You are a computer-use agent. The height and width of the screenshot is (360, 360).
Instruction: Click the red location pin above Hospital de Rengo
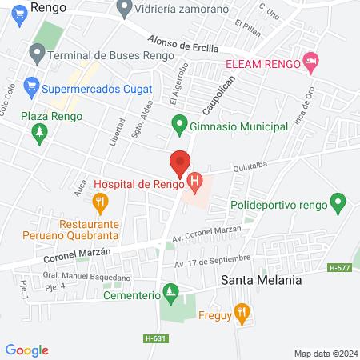click(x=180, y=163)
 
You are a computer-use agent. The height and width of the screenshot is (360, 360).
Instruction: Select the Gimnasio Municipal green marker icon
click(x=179, y=126)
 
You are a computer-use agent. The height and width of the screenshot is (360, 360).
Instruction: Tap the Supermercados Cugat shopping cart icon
click(x=32, y=83)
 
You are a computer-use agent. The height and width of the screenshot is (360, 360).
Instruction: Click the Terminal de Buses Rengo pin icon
click(x=36, y=54)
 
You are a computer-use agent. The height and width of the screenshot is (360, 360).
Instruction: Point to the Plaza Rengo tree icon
click(x=41, y=137)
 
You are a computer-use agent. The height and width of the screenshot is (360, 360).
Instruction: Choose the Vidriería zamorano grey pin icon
click(x=123, y=10)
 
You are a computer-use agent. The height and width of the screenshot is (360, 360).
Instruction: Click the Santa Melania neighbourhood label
click(x=262, y=281)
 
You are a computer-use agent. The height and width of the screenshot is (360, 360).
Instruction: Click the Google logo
click(x=26, y=350)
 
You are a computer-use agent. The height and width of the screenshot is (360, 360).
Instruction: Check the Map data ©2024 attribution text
click(x=324, y=354)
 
